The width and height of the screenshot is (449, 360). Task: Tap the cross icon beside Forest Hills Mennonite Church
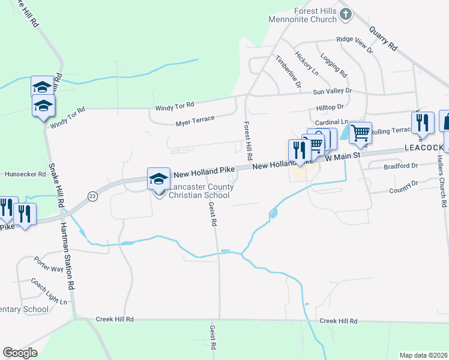[x=345, y=14]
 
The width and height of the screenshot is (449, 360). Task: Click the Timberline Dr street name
[x=288, y=71]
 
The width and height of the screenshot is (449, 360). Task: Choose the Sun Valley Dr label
[x=332, y=91]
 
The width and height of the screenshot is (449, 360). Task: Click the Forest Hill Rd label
[x=247, y=139]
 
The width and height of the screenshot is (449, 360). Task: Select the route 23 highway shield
[x=92, y=196]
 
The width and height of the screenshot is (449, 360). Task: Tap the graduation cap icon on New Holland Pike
[x=158, y=178]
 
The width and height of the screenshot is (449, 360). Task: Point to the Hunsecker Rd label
[x=25, y=174]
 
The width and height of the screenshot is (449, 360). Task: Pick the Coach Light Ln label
[x=49, y=292]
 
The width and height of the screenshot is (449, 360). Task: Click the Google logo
[x=20, y=353]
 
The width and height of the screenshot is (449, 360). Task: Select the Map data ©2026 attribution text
[x=423, y=355]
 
